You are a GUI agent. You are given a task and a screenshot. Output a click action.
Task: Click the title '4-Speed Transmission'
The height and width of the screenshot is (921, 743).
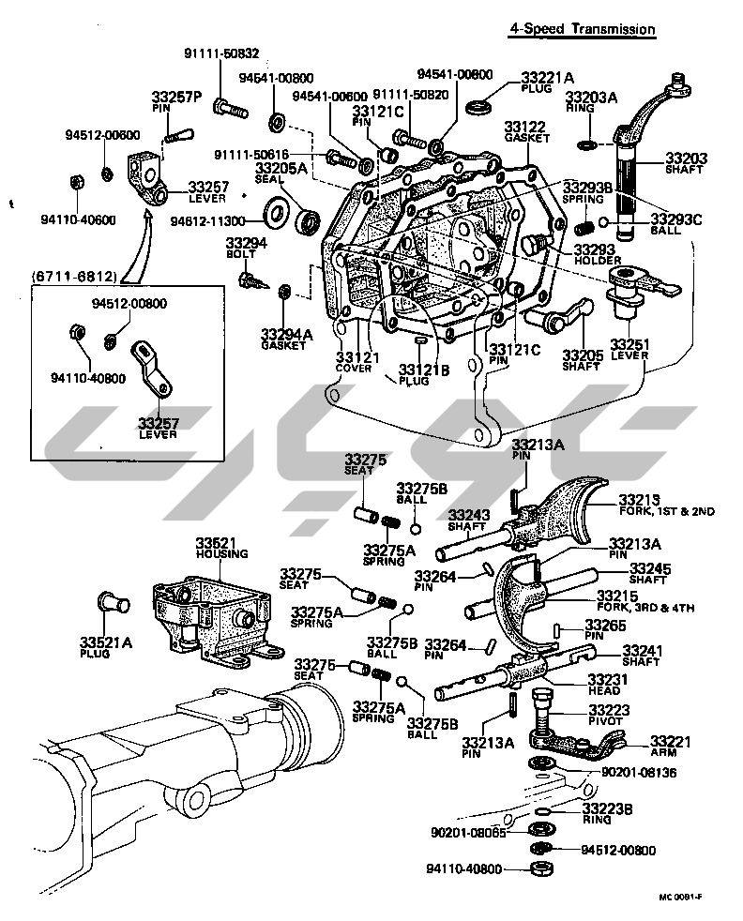[x=582, y=29]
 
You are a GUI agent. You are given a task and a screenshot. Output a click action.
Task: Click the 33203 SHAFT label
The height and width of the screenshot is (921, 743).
[x=687, y=163]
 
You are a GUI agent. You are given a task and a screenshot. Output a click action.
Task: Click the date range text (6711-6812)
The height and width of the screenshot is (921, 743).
[x=73, y=277]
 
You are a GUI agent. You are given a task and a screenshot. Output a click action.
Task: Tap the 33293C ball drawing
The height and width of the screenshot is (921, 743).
[x=606, y=221]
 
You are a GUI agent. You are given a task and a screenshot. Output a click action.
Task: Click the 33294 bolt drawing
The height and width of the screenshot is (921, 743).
[x=250, y=279]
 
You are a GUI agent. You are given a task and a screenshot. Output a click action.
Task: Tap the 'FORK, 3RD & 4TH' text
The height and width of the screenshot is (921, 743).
[x=644, y=608]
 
